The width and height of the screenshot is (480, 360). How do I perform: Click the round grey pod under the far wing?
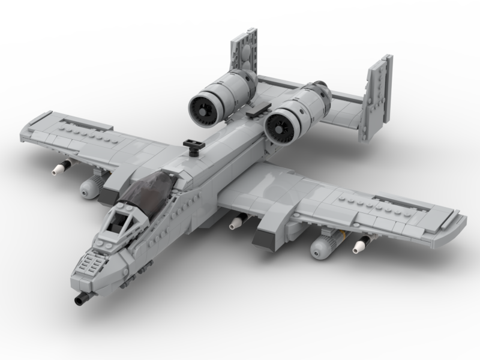pos(89,188)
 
